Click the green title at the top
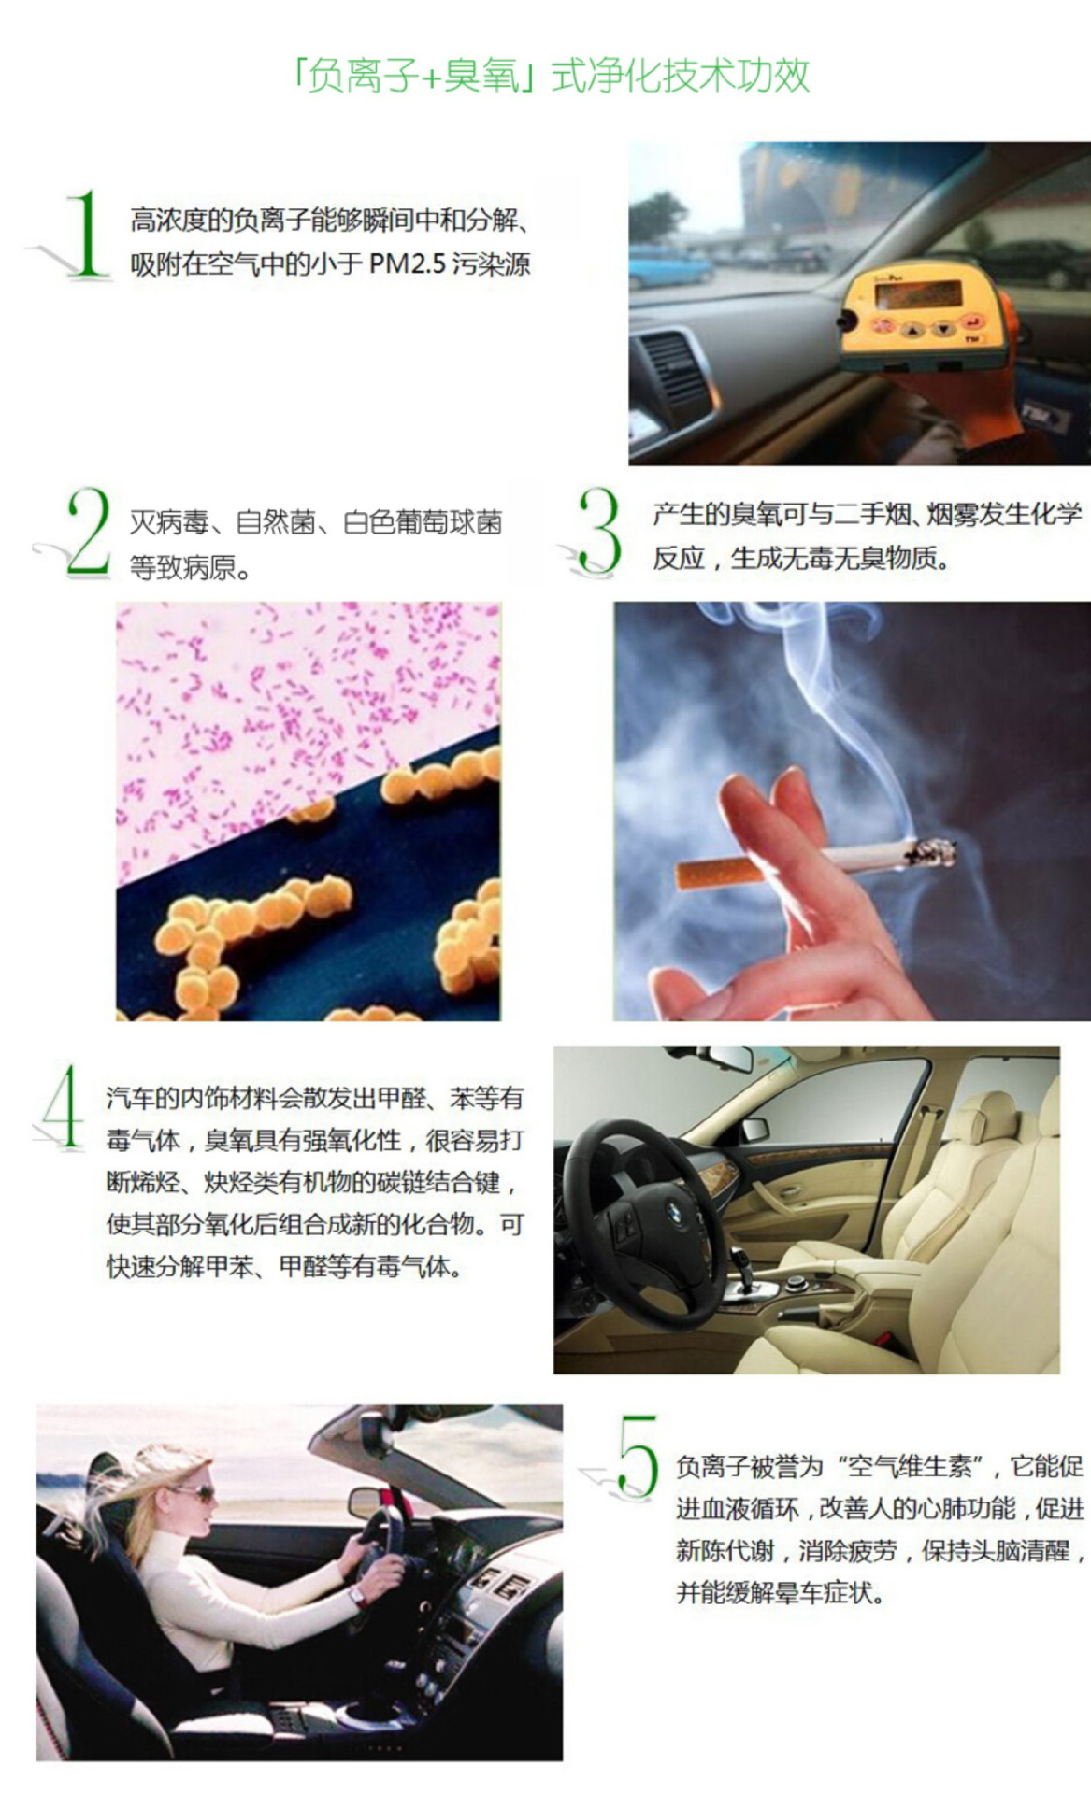tap(551, 76)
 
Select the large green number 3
tap(598, 530)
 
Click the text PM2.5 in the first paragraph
tap(408, 264)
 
